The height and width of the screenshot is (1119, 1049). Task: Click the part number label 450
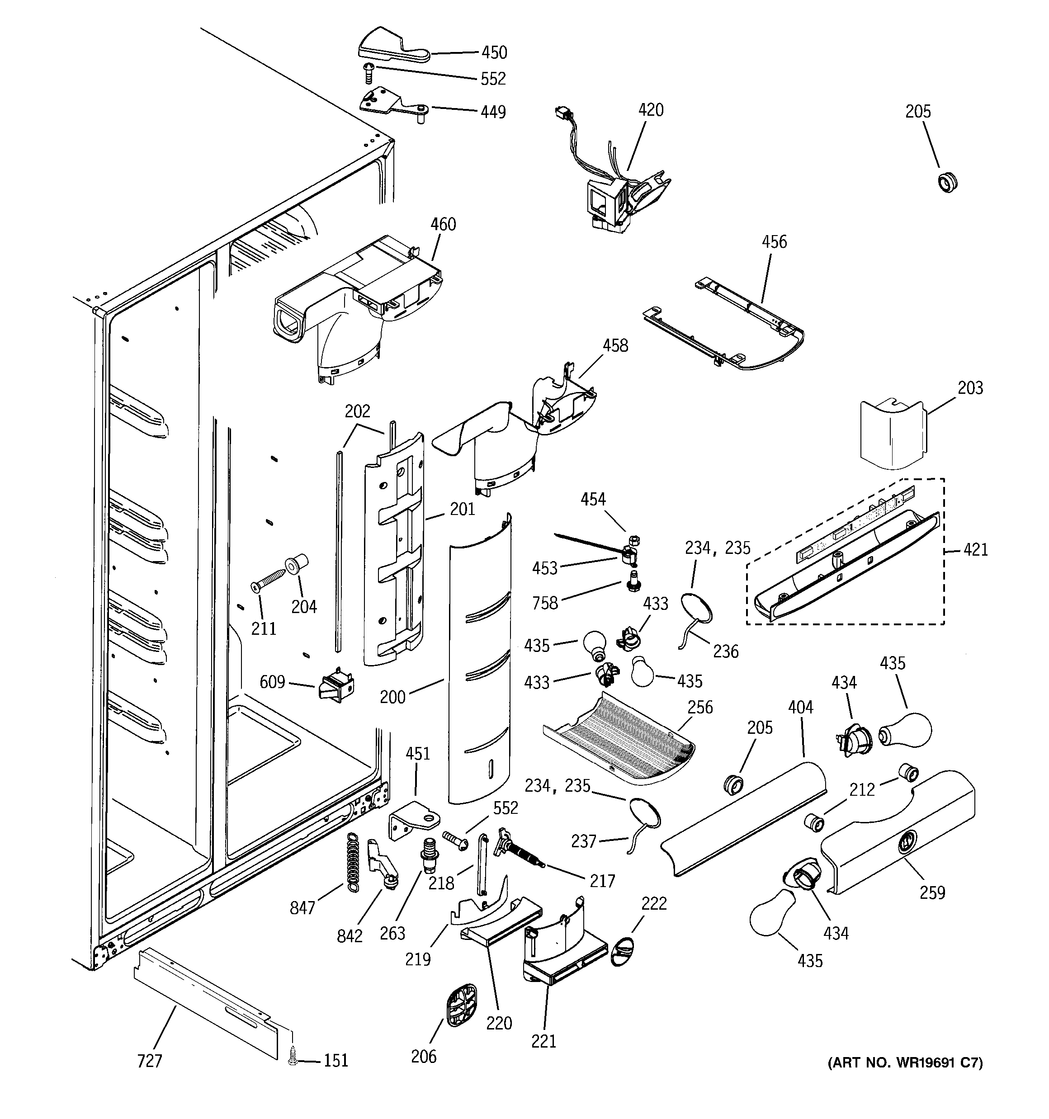(494, 52)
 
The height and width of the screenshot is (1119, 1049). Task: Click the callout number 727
(149, 1061)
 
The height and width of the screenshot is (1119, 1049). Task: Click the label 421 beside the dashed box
(975, 549)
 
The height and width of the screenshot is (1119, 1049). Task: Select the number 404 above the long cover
(800, 707)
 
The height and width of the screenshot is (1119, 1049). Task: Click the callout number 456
(774, 242)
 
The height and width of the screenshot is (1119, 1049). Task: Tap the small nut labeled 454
(632, 540)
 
